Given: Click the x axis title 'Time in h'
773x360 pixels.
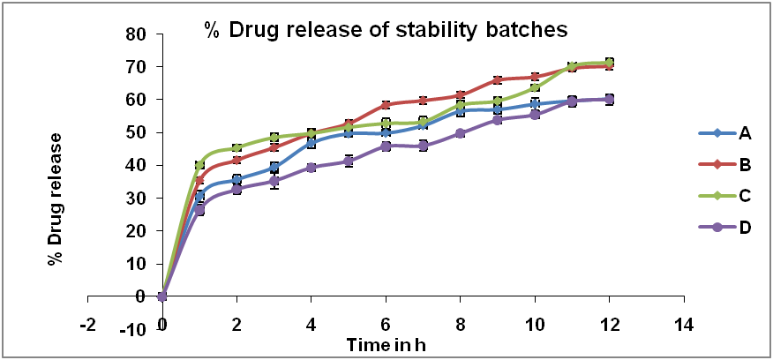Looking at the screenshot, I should (x=386, y=343).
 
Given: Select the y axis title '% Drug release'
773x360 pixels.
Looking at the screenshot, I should (x=55, y=198).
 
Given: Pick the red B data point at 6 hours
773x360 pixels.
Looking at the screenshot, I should (x=386, y=105).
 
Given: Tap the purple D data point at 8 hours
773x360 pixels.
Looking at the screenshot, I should (x=460, y=133).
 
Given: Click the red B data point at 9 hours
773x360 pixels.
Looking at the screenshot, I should (x=498, y=80).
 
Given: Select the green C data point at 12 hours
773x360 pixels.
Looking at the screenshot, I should (x=609, y=63).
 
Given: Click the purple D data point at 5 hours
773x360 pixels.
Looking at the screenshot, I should (x=349, y=161).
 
